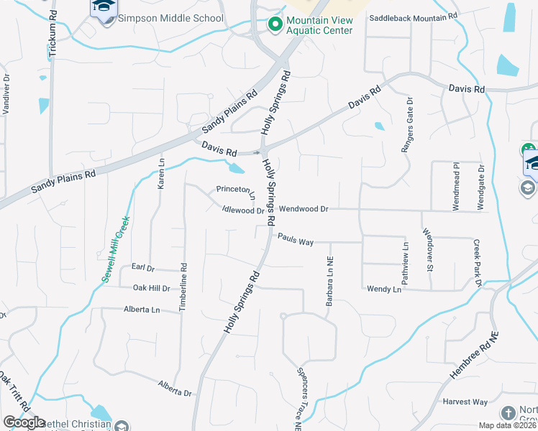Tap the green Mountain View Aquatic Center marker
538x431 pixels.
pos(274,25)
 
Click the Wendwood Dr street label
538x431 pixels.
pos(303,209)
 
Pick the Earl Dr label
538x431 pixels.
pos(143,267)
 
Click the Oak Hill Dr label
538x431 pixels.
pos(151,288)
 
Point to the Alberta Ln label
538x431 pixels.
pos(142,310)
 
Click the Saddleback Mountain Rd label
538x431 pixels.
pos(413,15)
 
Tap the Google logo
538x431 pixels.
pos(24,422)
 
